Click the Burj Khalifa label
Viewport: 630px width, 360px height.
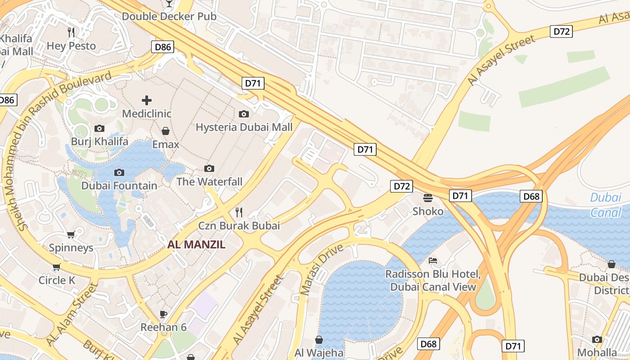coord(99,142)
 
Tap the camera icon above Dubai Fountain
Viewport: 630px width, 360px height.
coord(119,172)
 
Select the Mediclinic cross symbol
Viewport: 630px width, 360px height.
coord(147,100)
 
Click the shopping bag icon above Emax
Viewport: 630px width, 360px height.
coord(166,131)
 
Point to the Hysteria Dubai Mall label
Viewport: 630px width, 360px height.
coord(244,127)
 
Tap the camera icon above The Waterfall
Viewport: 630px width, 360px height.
coord(209,168)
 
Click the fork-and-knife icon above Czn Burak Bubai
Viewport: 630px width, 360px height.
coord(239,212)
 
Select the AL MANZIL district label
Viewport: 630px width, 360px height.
coord(196,245)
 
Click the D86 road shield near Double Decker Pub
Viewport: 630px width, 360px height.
coord(163,47)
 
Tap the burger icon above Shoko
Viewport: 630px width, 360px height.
coord(428,197)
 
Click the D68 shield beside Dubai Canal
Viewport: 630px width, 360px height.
coord(531,196)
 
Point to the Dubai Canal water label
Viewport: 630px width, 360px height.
coord(606,204)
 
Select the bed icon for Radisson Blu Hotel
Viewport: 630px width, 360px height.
coord(432,261)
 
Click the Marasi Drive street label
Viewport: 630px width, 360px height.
coord(322,270)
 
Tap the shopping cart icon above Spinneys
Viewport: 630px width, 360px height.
coord(71,234)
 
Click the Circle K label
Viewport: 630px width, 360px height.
coord(57,280)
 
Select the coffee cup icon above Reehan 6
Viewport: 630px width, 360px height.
coord(163,314)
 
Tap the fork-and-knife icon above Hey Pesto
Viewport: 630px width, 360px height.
coord(71,32)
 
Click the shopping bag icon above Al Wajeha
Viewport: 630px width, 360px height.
coord(319,339)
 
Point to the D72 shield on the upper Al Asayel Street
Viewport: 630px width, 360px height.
coord(561,31)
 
